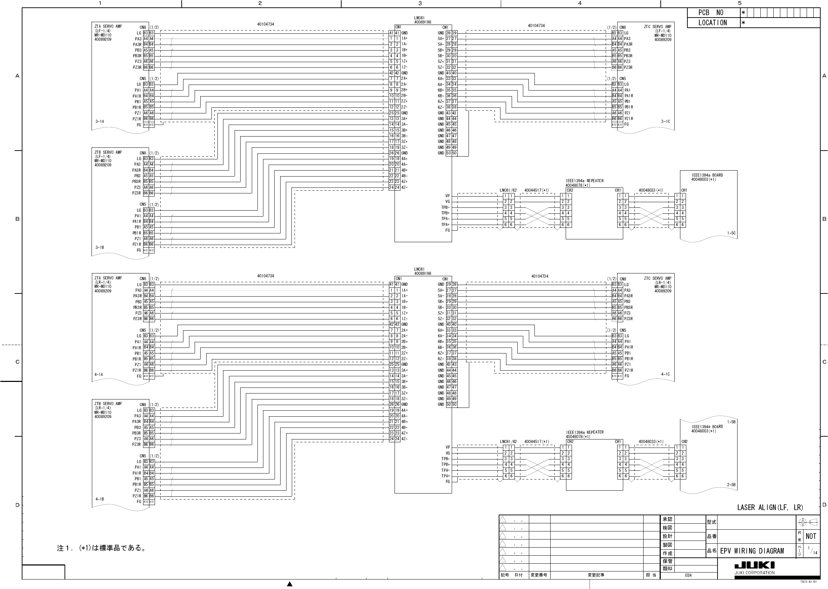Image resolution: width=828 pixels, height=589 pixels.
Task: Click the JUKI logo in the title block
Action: point(754,565)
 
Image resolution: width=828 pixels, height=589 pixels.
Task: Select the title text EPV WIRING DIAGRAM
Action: point(752,551)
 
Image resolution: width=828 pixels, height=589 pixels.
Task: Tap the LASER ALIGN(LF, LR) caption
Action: point(770,508)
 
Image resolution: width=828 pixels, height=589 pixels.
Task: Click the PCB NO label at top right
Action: point(711,13)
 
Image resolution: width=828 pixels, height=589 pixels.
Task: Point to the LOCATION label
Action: point(712,23)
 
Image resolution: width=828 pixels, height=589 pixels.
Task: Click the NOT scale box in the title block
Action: point(811,536)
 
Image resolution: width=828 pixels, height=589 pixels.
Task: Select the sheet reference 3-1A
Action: point(100,121)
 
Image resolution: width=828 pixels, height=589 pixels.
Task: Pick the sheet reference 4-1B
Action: point(100,499)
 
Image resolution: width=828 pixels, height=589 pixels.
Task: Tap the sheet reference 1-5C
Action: point(731,233)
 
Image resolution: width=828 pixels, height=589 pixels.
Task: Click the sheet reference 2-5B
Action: point(731,484)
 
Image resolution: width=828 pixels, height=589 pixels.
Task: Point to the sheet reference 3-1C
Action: point(665,121)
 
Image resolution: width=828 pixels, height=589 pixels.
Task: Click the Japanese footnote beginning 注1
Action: point(102,548)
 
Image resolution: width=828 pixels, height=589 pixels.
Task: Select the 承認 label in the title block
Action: point(667,519)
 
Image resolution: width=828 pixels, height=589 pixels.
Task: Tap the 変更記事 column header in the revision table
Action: point(596,575)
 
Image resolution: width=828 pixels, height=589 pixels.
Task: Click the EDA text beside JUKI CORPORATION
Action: point(688,575)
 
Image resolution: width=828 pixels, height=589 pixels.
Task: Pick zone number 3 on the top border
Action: point(420,3)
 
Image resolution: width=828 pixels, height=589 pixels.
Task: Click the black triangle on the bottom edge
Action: point(290,584)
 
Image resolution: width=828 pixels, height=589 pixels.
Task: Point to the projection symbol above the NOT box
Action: point(808,522)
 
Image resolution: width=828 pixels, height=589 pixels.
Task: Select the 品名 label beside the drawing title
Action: point(712,550)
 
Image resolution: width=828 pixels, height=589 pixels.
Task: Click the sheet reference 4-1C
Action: point(665,374)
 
